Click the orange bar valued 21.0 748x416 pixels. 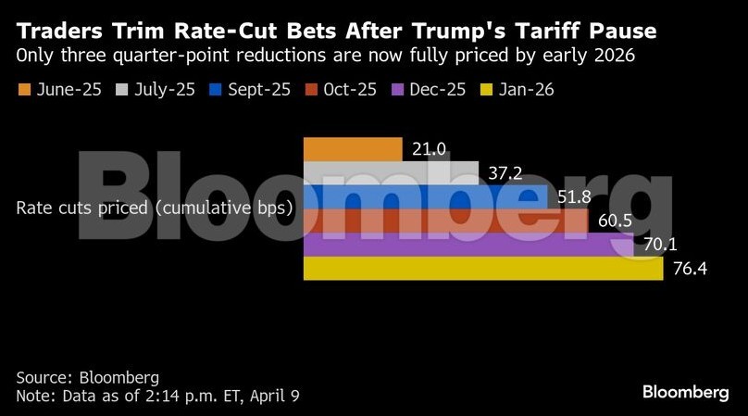[352, 149]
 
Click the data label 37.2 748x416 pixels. [505, 174]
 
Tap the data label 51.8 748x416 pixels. [574, 197]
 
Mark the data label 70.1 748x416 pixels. [659, 246]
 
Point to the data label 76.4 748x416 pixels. [689, 270]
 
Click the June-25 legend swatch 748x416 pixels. [25, 90]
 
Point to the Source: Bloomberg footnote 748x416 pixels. [87, 378]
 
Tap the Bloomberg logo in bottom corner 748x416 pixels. [686, 393]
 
